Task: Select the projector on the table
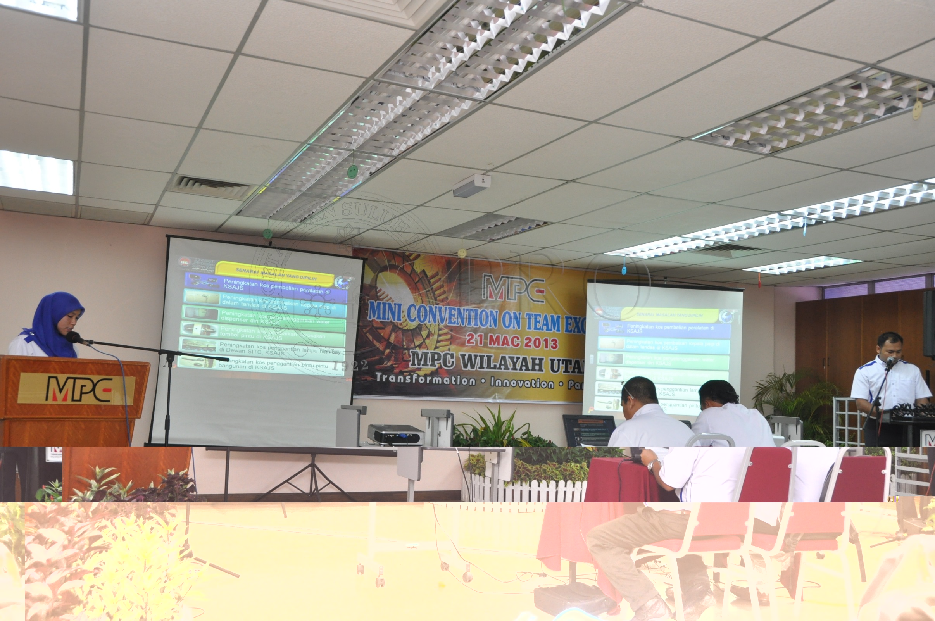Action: [395, 435]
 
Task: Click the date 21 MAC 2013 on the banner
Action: [512, 341]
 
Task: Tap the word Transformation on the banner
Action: [425, 379]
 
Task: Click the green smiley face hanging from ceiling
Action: [352, 171]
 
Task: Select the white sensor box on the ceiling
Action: [472, 185]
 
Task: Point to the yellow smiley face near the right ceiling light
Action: [917, 109]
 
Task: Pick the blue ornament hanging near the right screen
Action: [624, 270]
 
